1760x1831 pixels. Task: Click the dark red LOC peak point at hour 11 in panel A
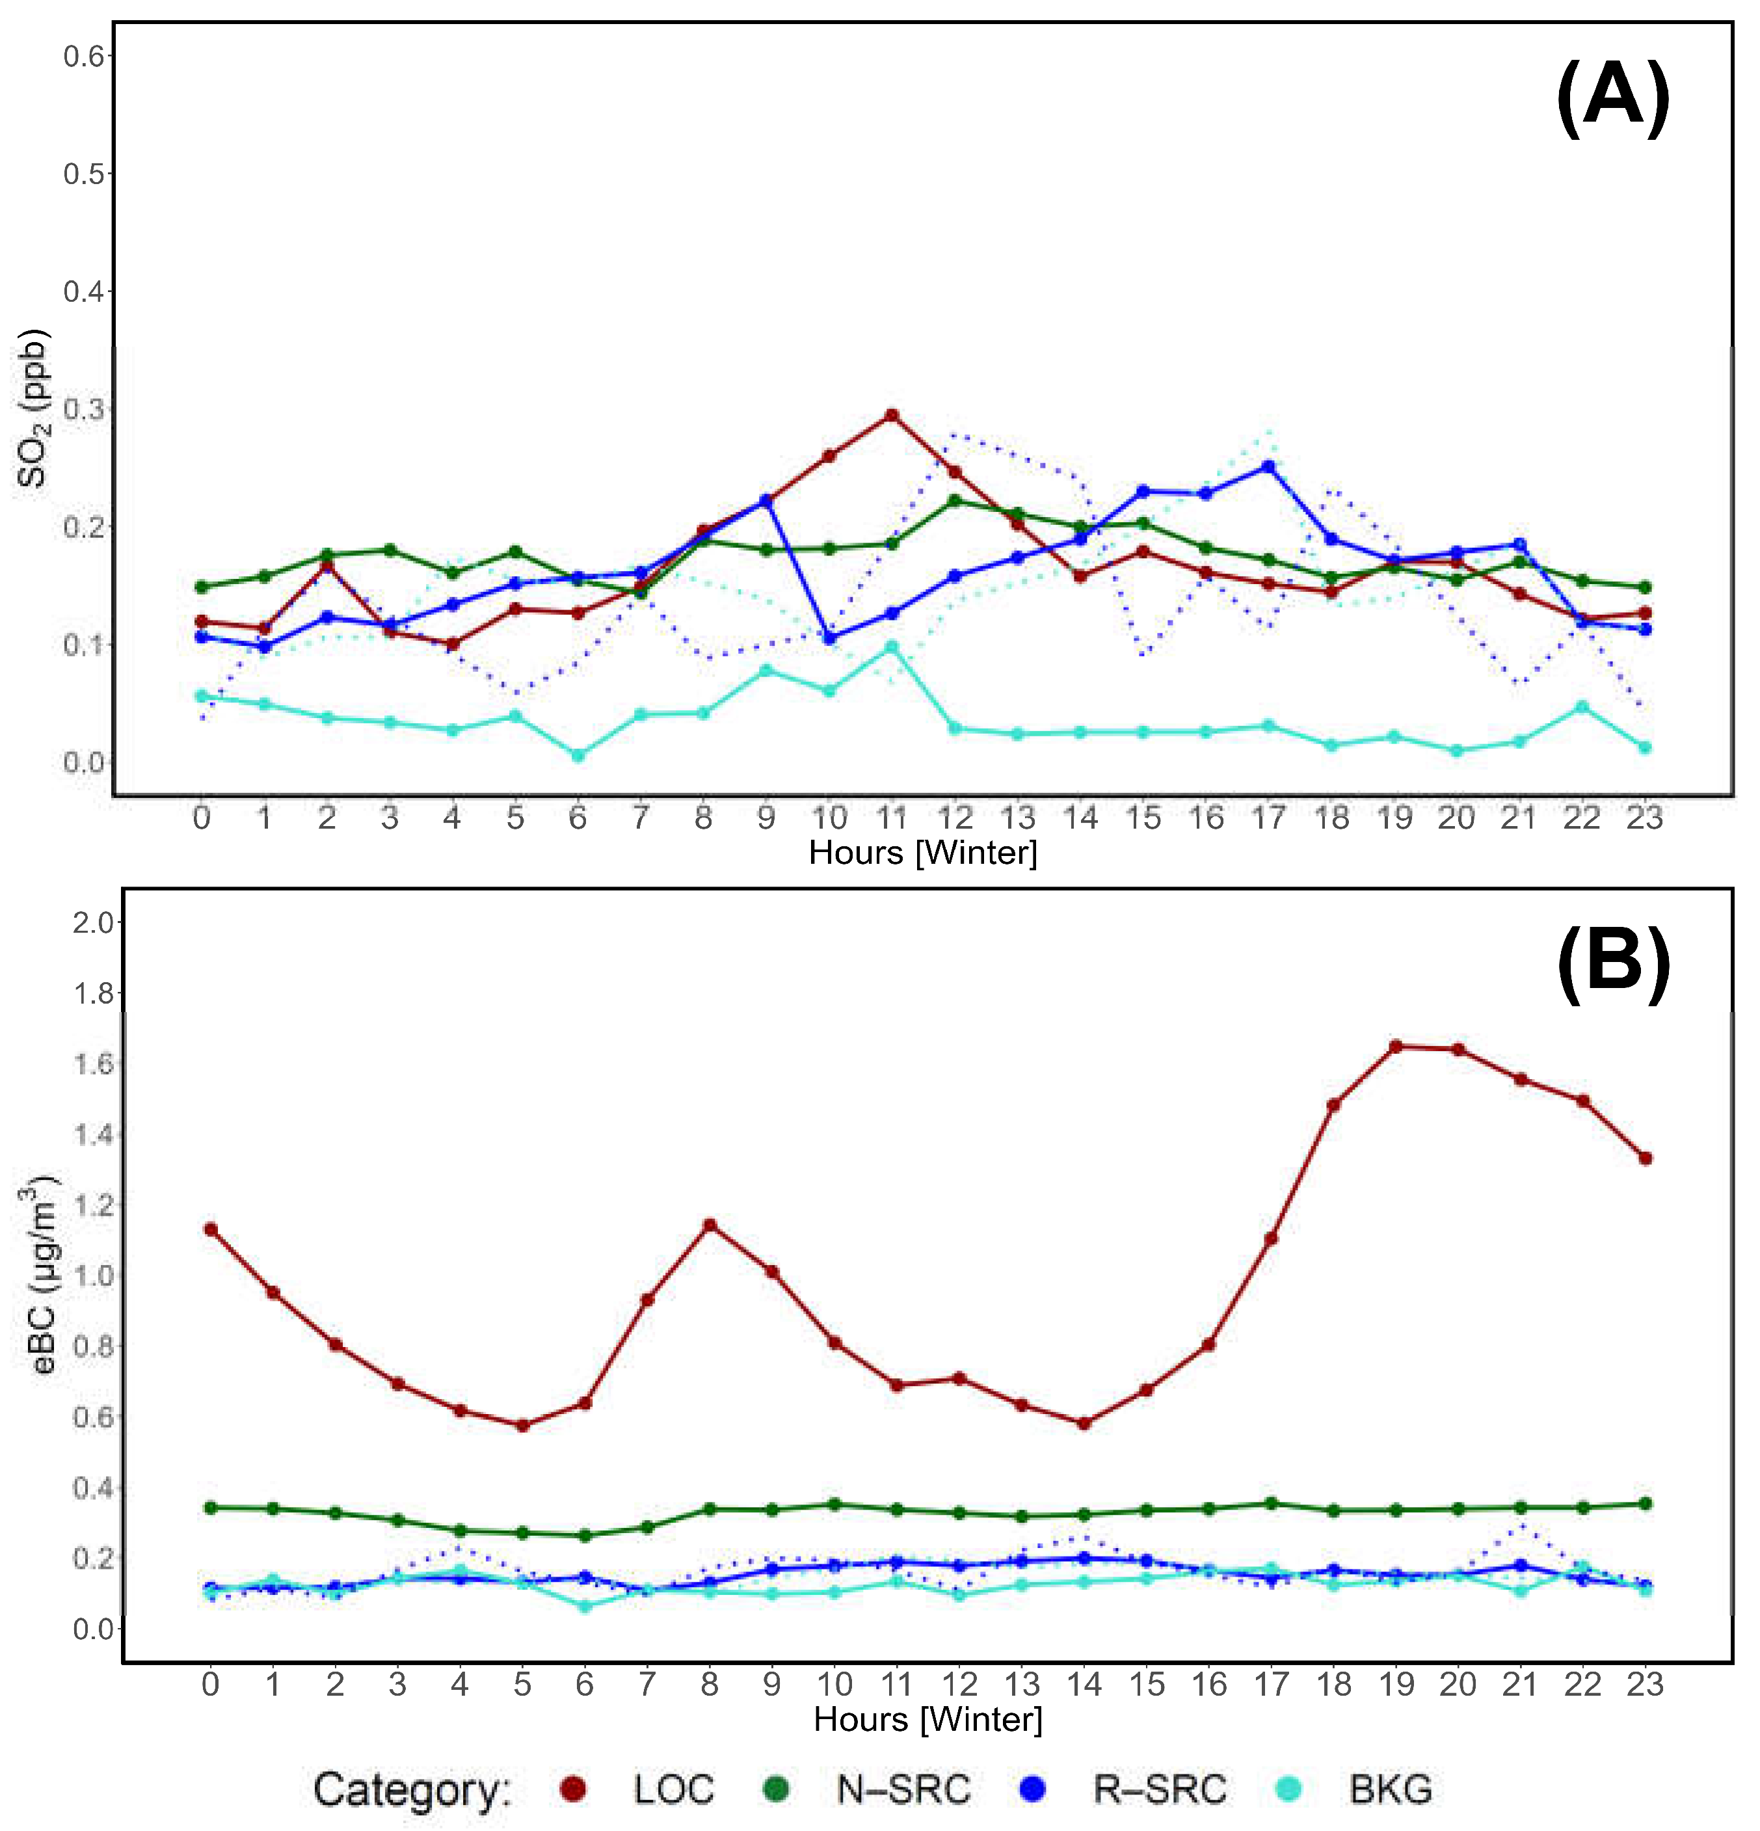pos(892,415)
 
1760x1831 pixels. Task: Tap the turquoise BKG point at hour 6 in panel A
pos(578,755)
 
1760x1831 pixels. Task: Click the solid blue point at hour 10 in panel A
pos(829,638)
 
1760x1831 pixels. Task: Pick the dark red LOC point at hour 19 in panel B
pos(1396,1047)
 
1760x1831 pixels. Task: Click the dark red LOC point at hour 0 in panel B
pos(211,1229)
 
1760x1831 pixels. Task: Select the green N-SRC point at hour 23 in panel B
pos(1646,1503)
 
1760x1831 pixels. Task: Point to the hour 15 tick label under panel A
pos(1143,818)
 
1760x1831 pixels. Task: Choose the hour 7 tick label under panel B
pos(647,1685)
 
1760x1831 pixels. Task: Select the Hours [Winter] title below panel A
pos(923,852)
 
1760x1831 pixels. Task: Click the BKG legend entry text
pos(1390,1789)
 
